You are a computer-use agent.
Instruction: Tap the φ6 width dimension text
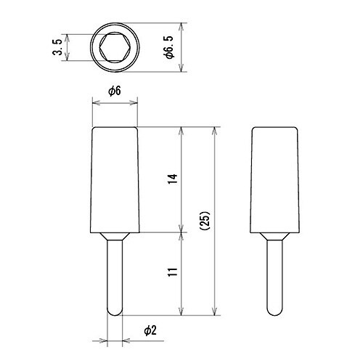(114, 91)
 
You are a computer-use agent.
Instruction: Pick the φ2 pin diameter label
(148, 330)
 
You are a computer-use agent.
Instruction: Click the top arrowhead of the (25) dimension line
(215, 131)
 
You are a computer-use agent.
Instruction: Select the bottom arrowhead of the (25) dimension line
(215, 313)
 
